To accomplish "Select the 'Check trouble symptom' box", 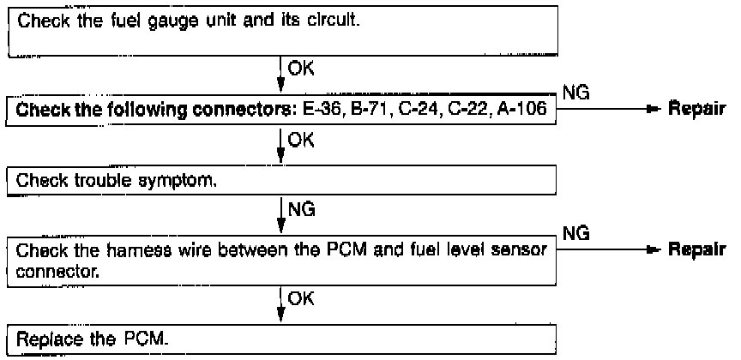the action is point(283,181).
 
